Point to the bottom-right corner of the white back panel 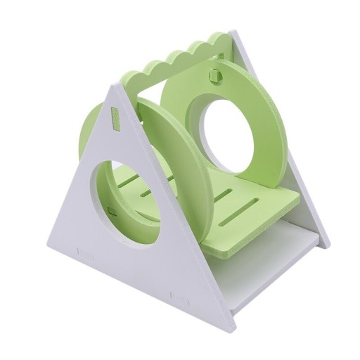pos(327,246)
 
